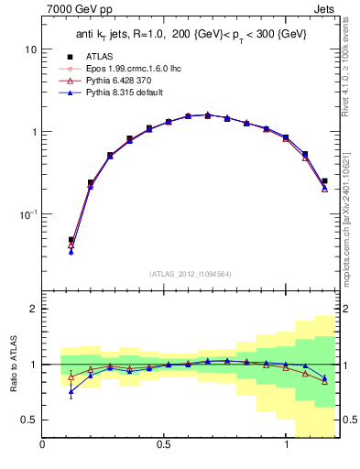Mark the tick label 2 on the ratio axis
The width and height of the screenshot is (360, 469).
[33, 309]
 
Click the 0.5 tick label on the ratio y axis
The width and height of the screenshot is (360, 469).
[28, 420]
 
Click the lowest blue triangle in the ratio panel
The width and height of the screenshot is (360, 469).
[71, 392]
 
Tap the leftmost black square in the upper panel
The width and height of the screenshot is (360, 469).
[71, 240]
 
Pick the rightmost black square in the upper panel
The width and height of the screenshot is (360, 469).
[325, 181]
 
